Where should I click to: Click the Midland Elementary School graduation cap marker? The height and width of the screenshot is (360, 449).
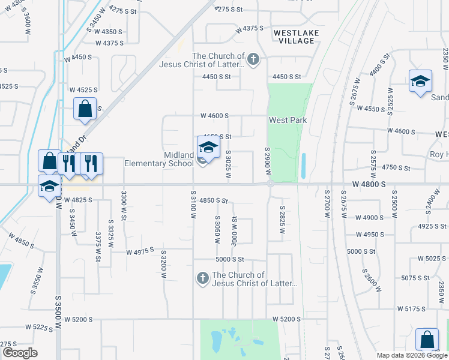(208, 147)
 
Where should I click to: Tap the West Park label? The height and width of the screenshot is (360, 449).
(288, 121)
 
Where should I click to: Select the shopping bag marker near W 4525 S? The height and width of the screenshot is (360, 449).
(85, 109)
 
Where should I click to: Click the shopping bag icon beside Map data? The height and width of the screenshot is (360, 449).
(426, 340)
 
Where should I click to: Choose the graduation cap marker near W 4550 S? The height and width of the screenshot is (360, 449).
(420, 82)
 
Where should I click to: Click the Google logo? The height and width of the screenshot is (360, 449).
(20, 353)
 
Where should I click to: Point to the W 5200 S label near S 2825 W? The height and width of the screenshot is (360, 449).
(286, 319)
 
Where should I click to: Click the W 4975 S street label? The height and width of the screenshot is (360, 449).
(140, 251)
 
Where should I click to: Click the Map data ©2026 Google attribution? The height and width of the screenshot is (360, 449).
(411, 355)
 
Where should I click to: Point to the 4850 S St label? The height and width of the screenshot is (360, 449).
(214, 200)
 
